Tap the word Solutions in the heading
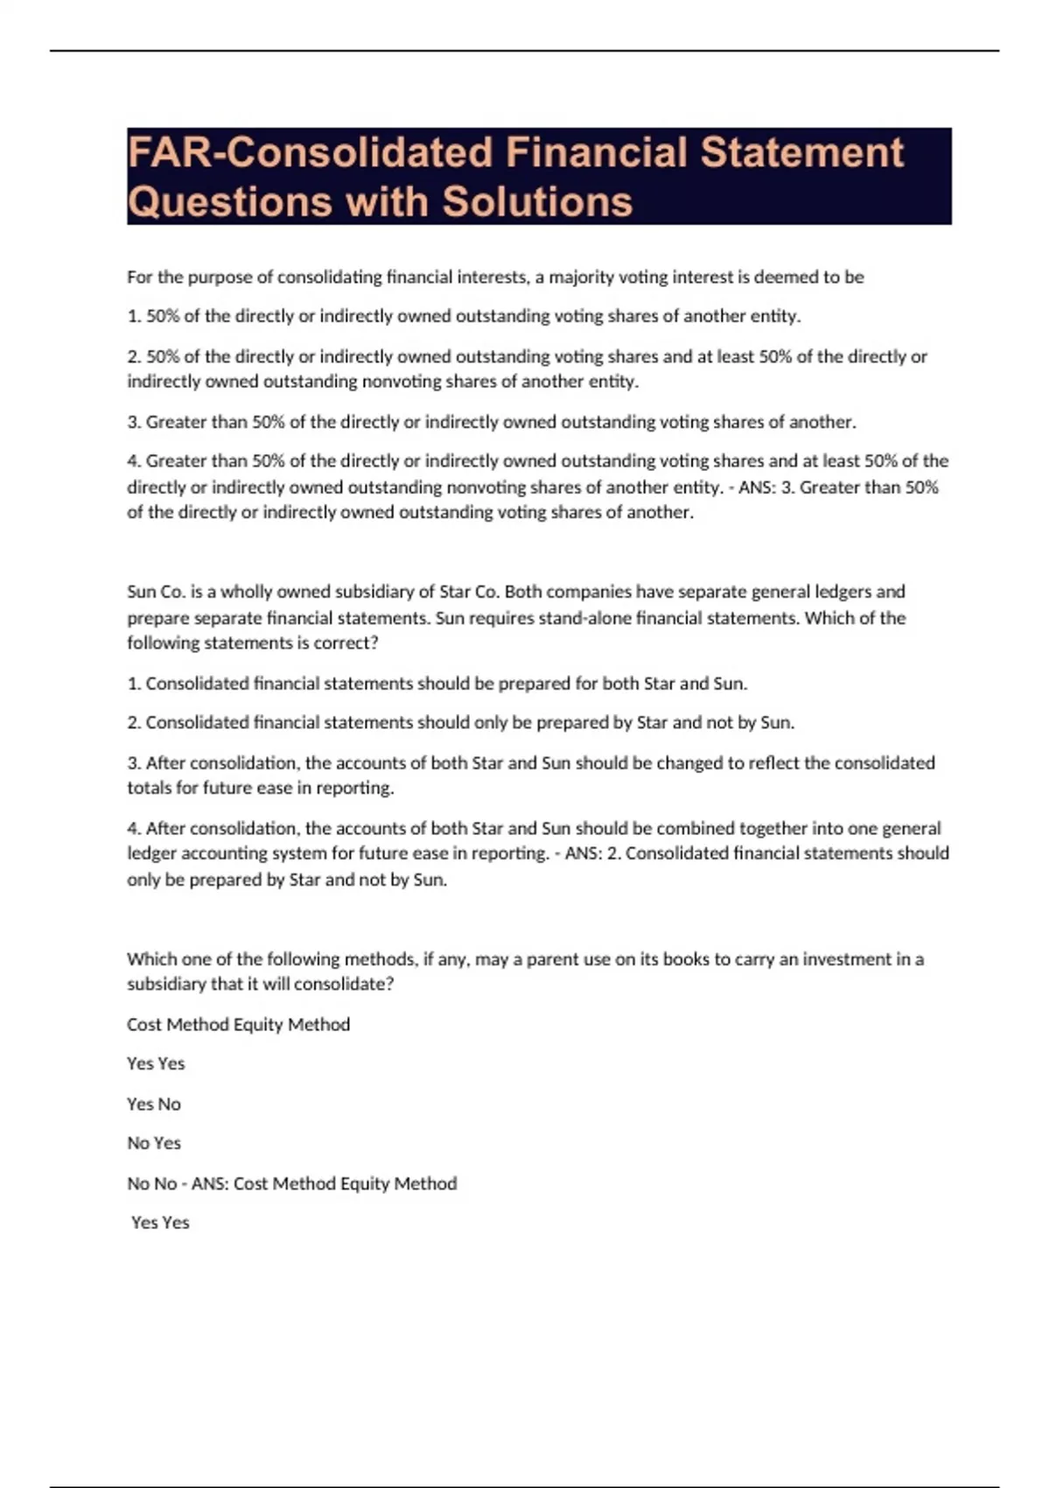[x=536, y=201]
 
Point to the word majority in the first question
[x=581, y=277]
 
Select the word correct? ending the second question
[x=346, y=643]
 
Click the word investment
[x=857, y=959]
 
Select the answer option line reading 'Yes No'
[x=154, y=1105]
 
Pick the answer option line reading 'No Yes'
[x=154, y=1143]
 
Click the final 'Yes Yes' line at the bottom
[x=160, y=1223]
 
